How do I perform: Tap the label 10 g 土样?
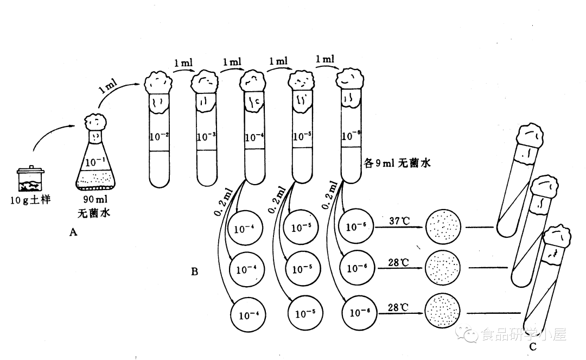[30, 200]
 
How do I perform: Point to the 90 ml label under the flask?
[97, 198]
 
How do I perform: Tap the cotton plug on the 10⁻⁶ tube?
[351, 79]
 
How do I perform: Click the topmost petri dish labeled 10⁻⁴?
[245, 228]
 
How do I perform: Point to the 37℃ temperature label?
[399, 220]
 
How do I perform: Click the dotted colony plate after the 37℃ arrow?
[445, 226]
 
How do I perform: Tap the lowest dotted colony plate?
[445, 311]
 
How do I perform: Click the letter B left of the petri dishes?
[194, 271]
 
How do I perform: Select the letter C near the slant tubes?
[533, 345]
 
